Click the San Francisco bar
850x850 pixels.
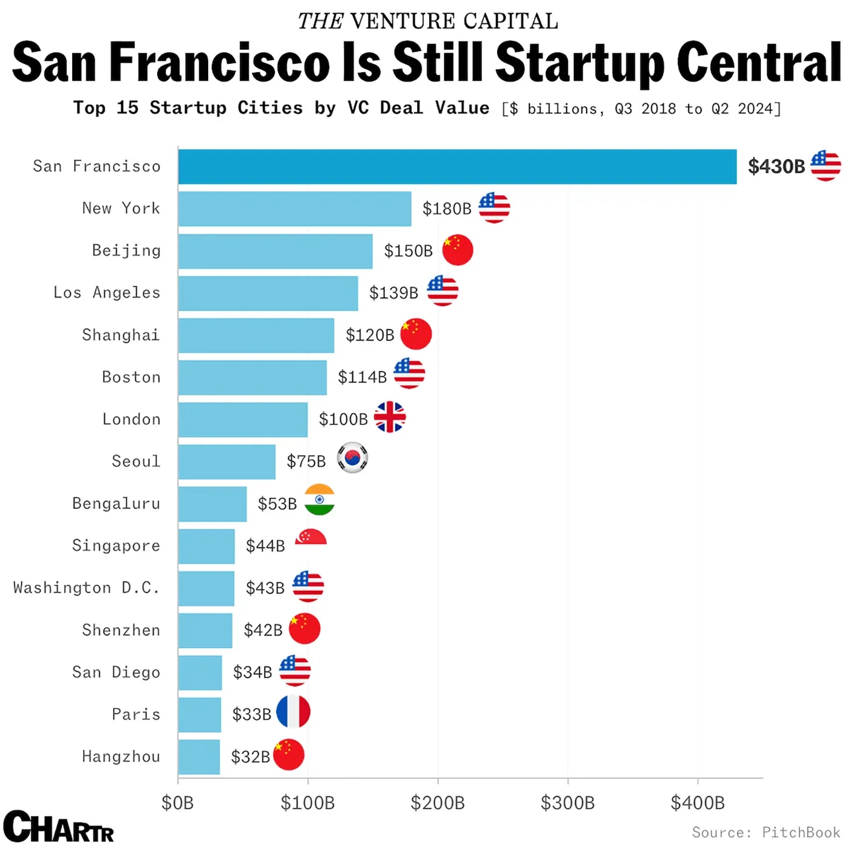(457, 166)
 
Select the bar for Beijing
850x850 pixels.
(275, 251)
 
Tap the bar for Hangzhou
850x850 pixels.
(199, 756)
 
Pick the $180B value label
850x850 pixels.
(447, 209)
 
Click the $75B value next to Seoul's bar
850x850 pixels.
(306, 461)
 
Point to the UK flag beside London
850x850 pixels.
(389, 417)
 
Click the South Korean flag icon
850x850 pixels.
(352, 458)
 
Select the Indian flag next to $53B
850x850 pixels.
(319, 500)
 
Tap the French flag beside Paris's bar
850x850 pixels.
(293, 712)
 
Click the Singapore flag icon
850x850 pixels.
(311, 537)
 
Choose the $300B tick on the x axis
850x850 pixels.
(568, 803)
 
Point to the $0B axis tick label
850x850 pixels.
(177, 803)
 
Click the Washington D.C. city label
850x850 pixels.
(86, 588)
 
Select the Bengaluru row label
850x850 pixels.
(116, 503)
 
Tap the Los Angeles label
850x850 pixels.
(107, 293)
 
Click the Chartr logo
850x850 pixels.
(58, 826)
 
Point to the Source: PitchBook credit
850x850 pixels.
(766, 832)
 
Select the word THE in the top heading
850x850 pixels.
(320, 21)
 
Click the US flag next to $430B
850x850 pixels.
(825, 165)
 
